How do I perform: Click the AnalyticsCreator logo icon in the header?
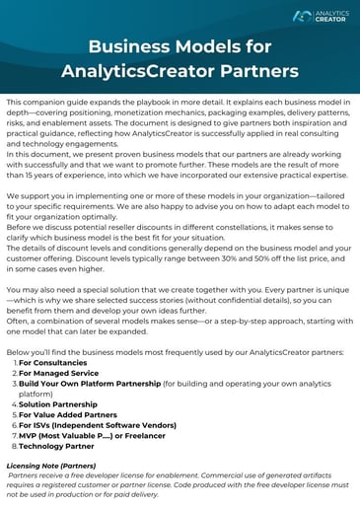tap(302, 16)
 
